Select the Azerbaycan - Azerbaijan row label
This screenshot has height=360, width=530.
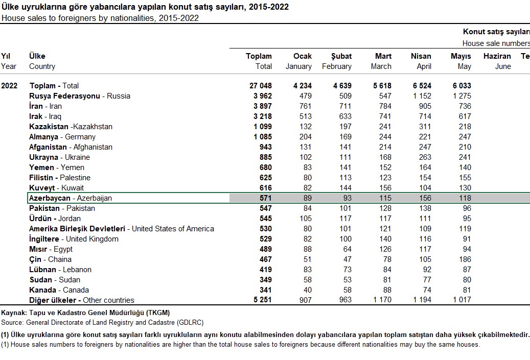71,198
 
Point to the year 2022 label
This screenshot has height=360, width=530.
9,86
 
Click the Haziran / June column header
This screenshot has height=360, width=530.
497,61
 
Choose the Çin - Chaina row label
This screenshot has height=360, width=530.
51,259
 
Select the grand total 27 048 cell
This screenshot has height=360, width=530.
260,86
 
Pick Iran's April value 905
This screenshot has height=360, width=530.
424,106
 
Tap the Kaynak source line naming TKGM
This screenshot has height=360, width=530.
85,313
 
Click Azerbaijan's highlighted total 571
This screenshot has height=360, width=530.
264,198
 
